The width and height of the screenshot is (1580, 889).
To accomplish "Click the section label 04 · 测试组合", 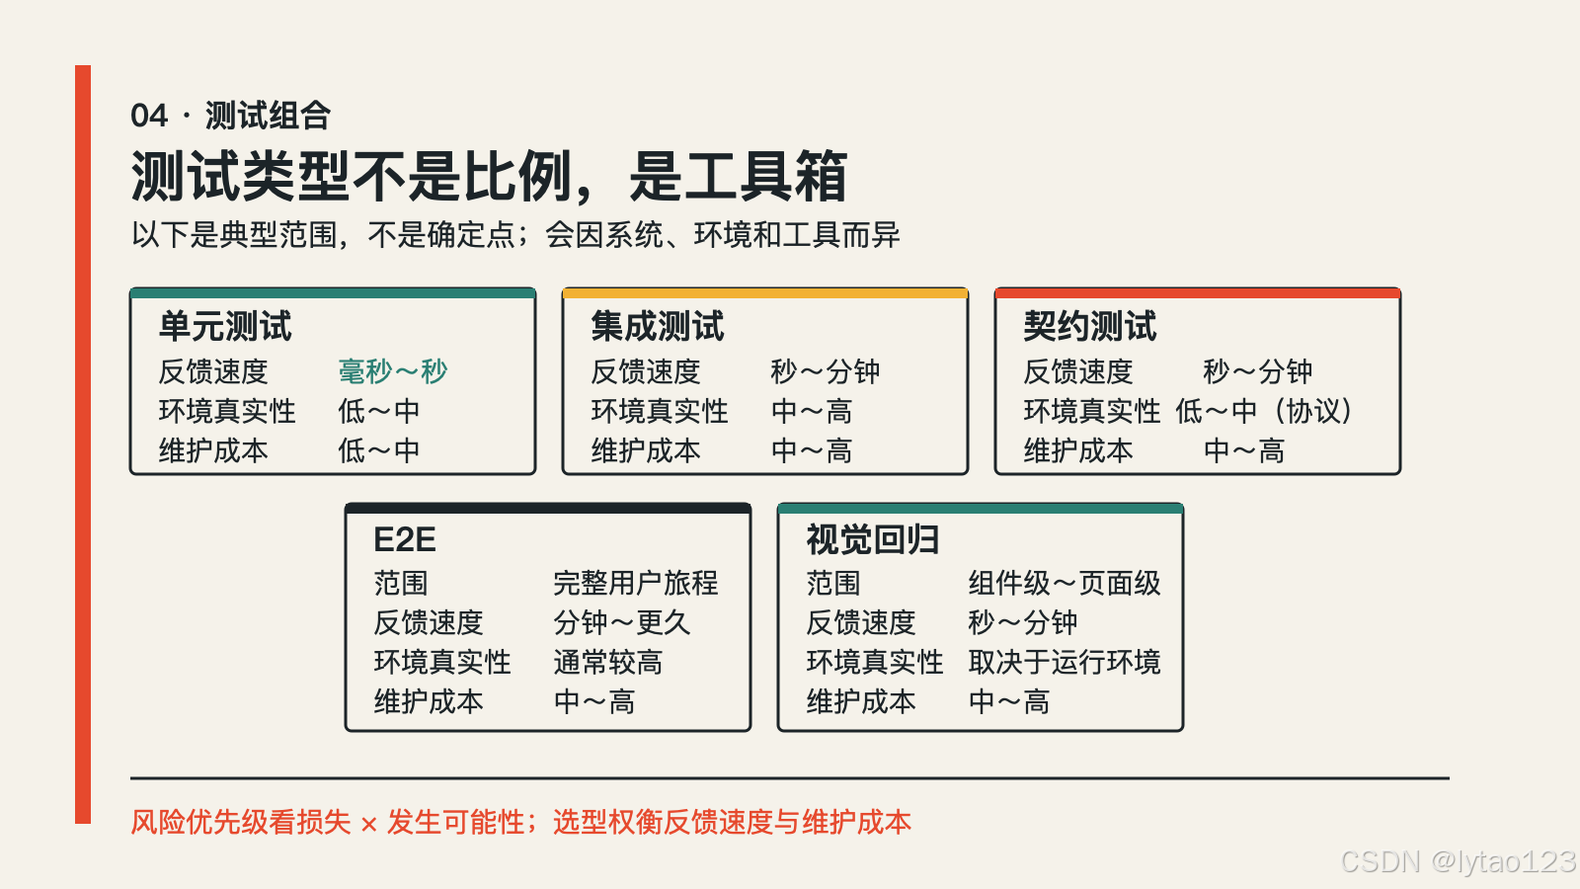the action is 231,116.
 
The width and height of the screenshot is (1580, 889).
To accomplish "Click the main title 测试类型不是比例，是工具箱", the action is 489,177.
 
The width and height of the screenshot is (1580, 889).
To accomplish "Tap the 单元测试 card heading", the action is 225,327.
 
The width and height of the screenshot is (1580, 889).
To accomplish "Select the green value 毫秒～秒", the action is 393,371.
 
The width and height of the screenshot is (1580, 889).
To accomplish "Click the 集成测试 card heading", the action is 658,327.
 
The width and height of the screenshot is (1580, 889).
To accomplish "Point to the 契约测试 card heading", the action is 1090,327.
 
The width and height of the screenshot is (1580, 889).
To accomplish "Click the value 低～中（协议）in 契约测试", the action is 1264,411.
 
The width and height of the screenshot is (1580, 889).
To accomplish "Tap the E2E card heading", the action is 405,540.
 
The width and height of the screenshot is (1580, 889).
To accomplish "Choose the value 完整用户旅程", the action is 636,584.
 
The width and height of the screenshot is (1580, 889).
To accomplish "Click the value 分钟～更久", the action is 621,623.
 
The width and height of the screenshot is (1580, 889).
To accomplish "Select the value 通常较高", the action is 608,663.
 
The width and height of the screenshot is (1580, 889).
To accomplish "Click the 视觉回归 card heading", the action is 873,540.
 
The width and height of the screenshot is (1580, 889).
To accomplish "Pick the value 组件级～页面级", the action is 1065,584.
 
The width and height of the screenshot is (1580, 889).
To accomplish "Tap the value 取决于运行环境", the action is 1065,663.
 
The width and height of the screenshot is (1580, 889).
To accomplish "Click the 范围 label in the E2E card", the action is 401,584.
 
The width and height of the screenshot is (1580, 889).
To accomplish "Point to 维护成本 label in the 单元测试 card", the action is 213,450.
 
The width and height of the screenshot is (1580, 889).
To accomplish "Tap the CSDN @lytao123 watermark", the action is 1458,861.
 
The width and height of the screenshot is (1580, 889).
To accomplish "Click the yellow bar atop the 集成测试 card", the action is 765,292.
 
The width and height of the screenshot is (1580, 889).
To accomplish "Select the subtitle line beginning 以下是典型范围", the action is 514,235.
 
